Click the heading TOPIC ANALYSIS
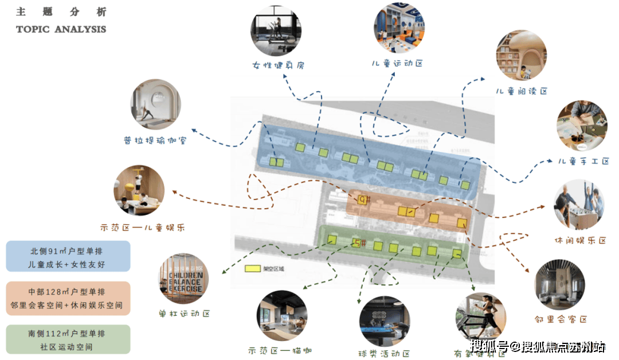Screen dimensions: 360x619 click(x=61, y=29)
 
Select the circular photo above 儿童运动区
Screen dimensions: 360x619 click(x=399, y=29)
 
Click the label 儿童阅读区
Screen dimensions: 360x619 click(x=522, y=91)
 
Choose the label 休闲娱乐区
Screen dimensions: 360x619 click(x=580, y=240)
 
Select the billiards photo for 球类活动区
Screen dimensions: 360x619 click(x=384, y=322)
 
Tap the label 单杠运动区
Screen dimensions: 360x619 click(x=185, y=314)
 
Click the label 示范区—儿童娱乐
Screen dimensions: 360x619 click(x=143, y=228)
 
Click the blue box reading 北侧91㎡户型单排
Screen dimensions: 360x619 click(x=68, y=256)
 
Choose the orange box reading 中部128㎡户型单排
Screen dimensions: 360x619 click(x=68, y=297)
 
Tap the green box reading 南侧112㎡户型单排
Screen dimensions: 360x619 click(x=68, y=339)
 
